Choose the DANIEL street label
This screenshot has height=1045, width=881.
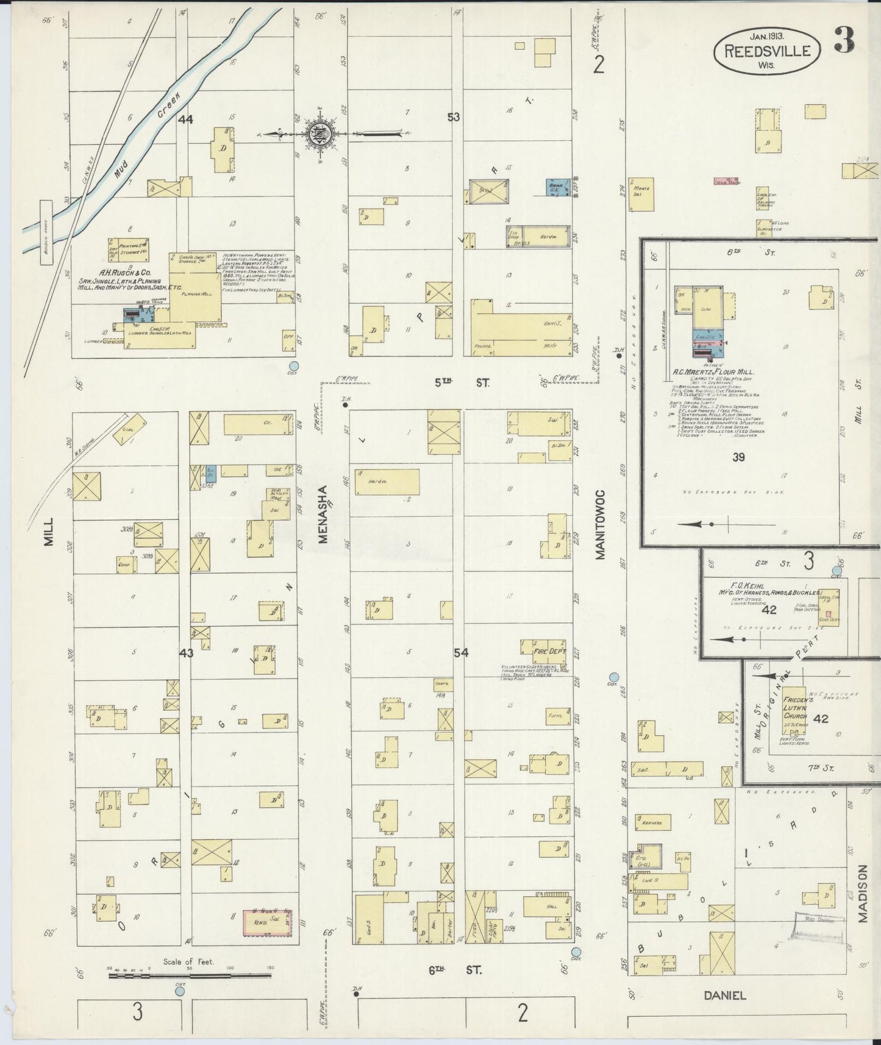pos(725,996)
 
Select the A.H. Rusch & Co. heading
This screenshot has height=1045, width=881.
pos(116,274)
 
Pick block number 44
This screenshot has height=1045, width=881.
pos(185,119)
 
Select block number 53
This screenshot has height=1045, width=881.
pos(453,116)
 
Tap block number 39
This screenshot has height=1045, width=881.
pos(738,457)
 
